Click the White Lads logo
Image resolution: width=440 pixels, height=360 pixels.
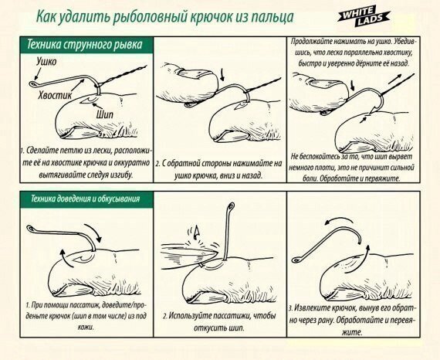(364, 17)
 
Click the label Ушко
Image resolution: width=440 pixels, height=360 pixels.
(46, 62)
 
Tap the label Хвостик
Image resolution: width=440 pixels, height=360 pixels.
(55, 95)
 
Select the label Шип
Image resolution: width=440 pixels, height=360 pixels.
(105, 114)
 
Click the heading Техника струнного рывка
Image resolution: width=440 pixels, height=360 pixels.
(84, 45)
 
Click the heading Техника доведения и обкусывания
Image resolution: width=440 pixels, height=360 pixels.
(85, 199)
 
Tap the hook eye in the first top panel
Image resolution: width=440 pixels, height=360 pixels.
(32, 83)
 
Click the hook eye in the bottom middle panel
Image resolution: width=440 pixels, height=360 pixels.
(232, 206)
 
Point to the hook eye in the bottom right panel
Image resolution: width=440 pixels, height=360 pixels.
(296, 260)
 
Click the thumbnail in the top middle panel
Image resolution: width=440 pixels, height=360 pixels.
(195, 73)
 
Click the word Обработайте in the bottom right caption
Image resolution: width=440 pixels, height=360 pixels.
(356, 320)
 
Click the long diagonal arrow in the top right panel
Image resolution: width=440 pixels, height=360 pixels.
(397, 78)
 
